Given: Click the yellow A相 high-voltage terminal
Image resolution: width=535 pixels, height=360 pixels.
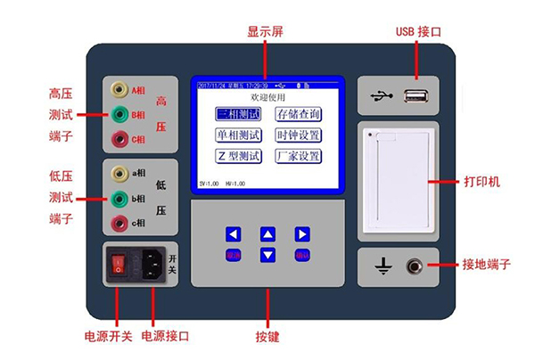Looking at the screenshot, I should tap(118, 90).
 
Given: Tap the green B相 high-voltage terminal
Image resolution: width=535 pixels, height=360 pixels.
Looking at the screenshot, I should tap(118, 114).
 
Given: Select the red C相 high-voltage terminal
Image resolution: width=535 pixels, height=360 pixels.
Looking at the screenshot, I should tap(118, 139).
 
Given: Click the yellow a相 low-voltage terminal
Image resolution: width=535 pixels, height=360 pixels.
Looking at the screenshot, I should tap(118, 173).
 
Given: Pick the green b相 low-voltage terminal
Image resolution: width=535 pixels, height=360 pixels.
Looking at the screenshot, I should tap(118, 198).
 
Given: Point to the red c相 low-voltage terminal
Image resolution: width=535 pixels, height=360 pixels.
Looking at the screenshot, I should tap(118, 222).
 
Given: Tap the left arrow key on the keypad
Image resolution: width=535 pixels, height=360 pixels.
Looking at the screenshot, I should tap(234, 234).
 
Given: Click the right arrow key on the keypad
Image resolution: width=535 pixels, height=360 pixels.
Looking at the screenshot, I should tap(302, 234).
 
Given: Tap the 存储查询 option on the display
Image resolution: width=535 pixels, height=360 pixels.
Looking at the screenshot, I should tap(298, 115).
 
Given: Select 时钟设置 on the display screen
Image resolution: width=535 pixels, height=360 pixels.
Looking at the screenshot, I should tap(298, 135).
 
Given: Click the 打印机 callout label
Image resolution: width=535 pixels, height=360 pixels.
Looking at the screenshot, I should tap(482, 182).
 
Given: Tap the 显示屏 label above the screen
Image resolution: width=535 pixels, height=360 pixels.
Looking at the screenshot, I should tap(266, 31).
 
